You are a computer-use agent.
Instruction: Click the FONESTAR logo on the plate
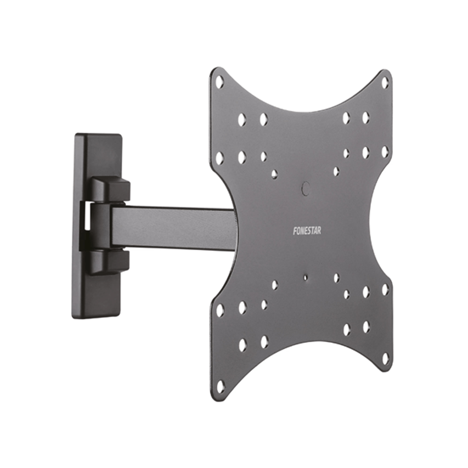307,231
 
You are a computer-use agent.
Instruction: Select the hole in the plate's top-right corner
385,82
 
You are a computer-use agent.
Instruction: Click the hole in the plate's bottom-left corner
220,387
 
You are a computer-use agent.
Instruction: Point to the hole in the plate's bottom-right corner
385,358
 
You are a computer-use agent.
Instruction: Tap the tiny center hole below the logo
305,277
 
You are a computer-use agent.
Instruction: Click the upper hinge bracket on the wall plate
110,189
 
